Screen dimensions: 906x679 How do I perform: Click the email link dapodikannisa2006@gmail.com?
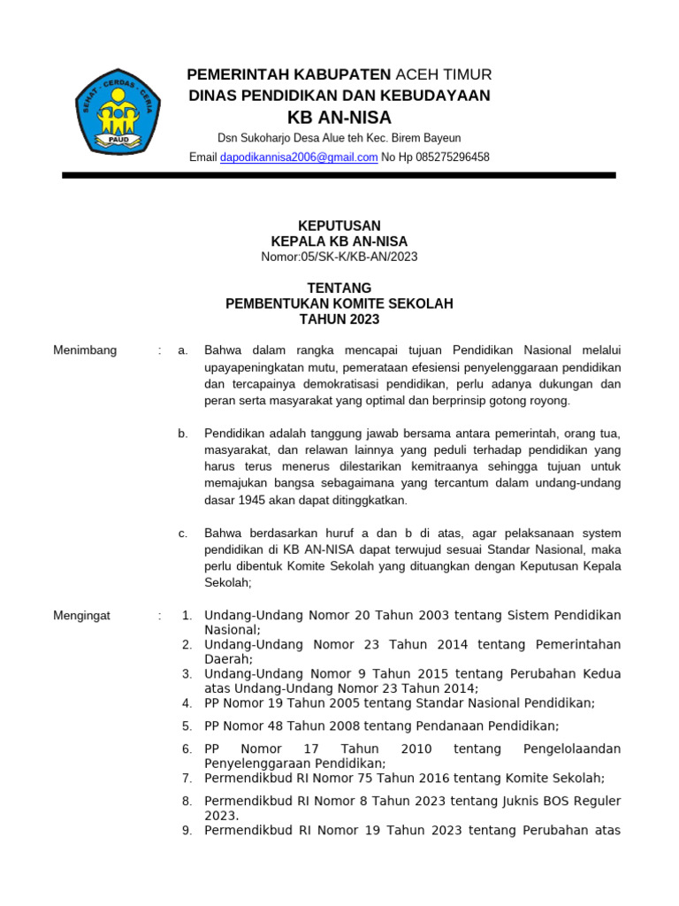(299, 157)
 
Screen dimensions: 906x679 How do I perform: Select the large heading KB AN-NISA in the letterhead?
(339, 118)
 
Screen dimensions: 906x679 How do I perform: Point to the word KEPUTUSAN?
(339, 226)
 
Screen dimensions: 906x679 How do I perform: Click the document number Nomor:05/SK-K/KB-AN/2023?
(339, 257)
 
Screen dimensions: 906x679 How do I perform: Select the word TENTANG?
(339, 288)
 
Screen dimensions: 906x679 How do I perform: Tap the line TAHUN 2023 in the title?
(339, 319)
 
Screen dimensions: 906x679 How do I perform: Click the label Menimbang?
(85, 350)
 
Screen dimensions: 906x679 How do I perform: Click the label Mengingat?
(82, 616)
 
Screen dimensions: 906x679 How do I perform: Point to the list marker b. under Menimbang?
(183, 434)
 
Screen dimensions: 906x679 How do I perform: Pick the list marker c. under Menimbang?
(183, 533)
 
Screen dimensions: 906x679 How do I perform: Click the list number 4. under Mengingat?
(187, 703)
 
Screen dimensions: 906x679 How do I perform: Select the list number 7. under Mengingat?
(187, 779)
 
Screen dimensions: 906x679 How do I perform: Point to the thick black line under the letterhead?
(339, 176)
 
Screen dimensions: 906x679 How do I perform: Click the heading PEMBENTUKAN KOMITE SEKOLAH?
(339, 304)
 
